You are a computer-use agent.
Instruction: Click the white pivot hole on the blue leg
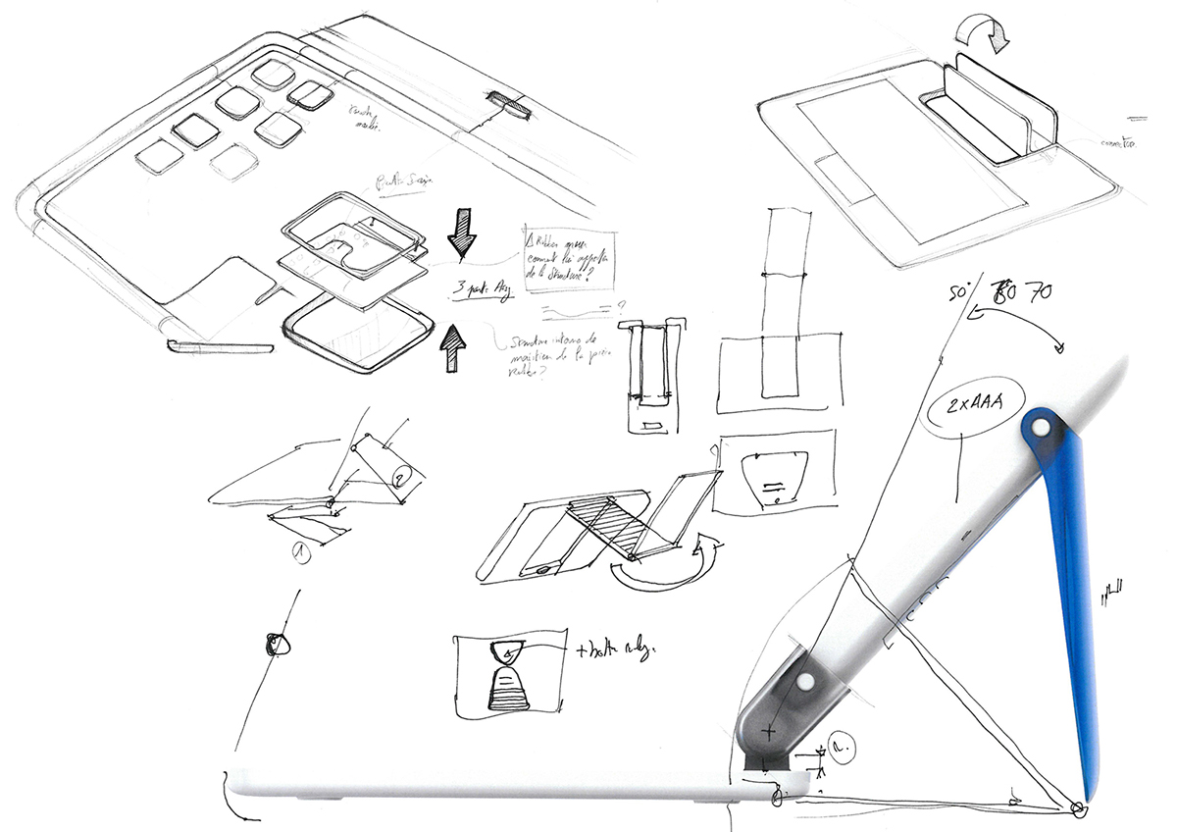[1043, 428]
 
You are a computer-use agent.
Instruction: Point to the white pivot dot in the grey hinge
[804, 680]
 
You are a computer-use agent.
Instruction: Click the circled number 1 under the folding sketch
[300, 551]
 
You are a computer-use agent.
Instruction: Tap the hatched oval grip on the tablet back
[509, 104]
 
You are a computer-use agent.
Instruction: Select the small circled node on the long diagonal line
[276, 644]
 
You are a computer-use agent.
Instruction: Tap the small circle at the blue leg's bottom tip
[1078, 808]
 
